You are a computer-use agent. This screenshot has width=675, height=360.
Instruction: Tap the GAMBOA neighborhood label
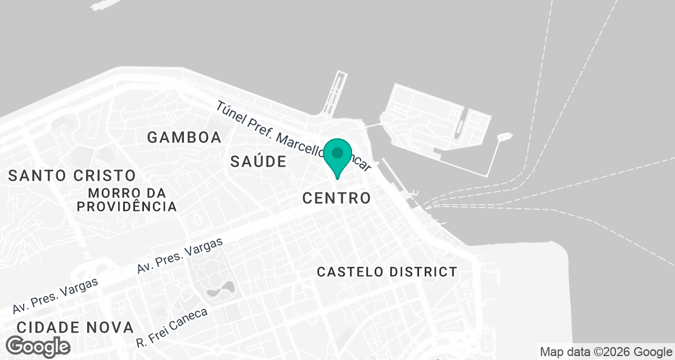(x=184, y=137)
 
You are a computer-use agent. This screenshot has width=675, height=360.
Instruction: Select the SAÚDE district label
(x=259, y=162)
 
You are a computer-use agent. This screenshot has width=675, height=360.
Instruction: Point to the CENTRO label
(x=336, y=198)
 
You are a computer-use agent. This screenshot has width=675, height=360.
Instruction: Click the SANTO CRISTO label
(x=72, y=175)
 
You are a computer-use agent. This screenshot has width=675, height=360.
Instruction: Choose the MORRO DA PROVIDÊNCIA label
(x=127, y=200)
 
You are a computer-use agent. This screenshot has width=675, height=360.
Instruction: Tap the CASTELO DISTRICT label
(x=387, y=272)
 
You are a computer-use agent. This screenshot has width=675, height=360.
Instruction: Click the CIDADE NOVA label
(x=75, y=327)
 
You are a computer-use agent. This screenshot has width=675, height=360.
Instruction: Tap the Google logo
(x=39, y=346)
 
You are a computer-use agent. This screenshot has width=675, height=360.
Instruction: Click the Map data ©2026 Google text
(x=605, y=352)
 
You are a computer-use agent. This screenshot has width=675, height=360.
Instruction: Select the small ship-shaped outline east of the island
(x=504, y=137)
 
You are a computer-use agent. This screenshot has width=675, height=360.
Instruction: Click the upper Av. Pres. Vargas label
(x=180, y=256)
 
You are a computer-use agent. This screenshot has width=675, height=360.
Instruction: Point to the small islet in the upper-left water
(x=106, y=4)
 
